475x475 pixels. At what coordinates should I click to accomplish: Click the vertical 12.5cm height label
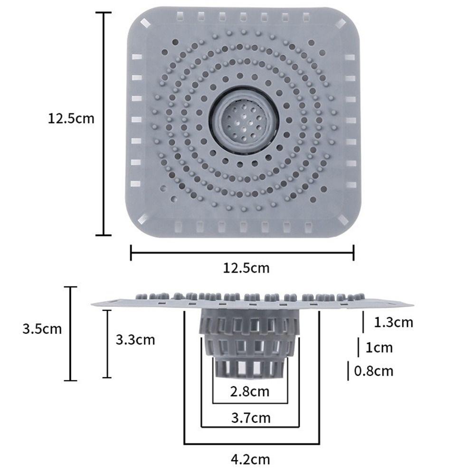(x=71, y=118)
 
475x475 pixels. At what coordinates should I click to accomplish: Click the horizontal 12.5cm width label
(x=246, y=268)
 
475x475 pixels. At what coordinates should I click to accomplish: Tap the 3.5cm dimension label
(x=42, y=329)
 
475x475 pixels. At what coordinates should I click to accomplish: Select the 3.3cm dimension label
(x=135, y=340)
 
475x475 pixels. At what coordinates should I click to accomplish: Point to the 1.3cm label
(x=393, y=323)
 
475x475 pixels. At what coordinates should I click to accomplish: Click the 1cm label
(x=379, y=348)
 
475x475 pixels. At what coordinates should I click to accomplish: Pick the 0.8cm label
(x=374, y=370)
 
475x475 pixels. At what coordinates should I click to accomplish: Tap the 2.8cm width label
(x=249, y=392)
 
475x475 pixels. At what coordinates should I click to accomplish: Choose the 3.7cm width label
(x=250, y=418)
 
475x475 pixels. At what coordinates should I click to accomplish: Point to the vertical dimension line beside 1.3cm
(x=364, y=322)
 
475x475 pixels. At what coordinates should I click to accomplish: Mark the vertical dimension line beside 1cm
(x=358, y=347)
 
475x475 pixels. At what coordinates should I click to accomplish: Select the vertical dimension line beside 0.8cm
(x=349, y=370)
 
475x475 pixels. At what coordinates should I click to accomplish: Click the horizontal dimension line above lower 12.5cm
(x=242, y=252)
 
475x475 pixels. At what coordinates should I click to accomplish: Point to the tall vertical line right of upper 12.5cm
(x=104, y=123)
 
